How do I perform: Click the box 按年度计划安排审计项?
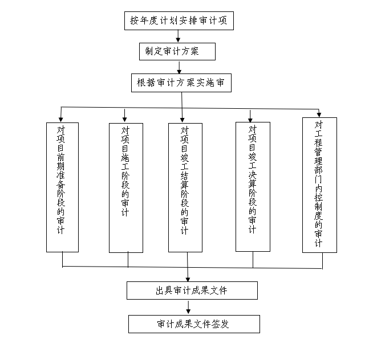[x=179, y=21]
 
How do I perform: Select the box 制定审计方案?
[x=177, y=52]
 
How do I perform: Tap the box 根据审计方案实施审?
[x=181, y=83]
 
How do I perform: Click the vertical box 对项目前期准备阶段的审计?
[x=62, y=187]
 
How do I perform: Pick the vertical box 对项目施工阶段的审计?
[x=125, y=187]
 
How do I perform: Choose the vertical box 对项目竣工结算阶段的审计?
[x=185, y=187]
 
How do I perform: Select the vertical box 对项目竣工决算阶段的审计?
[x=253, y=186]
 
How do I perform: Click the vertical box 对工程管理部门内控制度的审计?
[x=319, y=185]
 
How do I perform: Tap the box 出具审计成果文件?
[x=191, y=291]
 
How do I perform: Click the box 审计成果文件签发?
[x=193, y=324]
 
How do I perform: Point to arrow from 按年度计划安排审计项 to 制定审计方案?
[x=179, y=36]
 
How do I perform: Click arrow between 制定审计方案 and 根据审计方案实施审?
[x=179, y=67]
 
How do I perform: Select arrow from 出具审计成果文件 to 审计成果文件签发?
[x=188, y=307]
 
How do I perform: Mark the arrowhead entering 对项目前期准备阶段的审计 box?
[x=60, y=119]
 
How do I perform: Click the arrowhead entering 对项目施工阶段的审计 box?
[x=124, y=119]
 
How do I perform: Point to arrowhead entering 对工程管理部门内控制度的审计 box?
[x=319, y=114]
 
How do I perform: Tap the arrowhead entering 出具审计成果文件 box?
[x=188, y=279]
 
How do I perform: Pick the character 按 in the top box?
[x=134, y=21]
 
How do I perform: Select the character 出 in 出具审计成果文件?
[x=160, y=291]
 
